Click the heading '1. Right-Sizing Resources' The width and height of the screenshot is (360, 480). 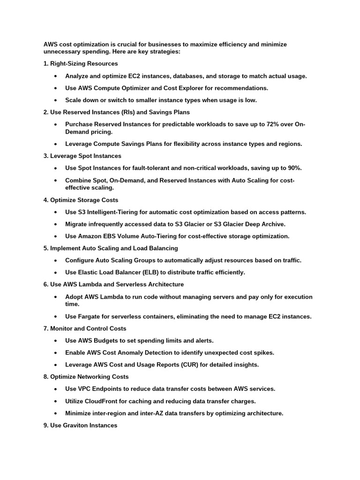[81, 63]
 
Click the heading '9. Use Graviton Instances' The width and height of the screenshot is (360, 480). [80, 425]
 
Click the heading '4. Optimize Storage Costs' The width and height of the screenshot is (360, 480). [81, 200]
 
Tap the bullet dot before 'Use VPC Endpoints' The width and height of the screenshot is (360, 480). [56, 389]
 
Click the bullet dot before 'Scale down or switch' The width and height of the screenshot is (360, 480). [56, 100]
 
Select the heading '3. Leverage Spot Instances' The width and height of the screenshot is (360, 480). [82, 156]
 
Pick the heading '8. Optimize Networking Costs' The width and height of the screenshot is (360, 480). [85, 376]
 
